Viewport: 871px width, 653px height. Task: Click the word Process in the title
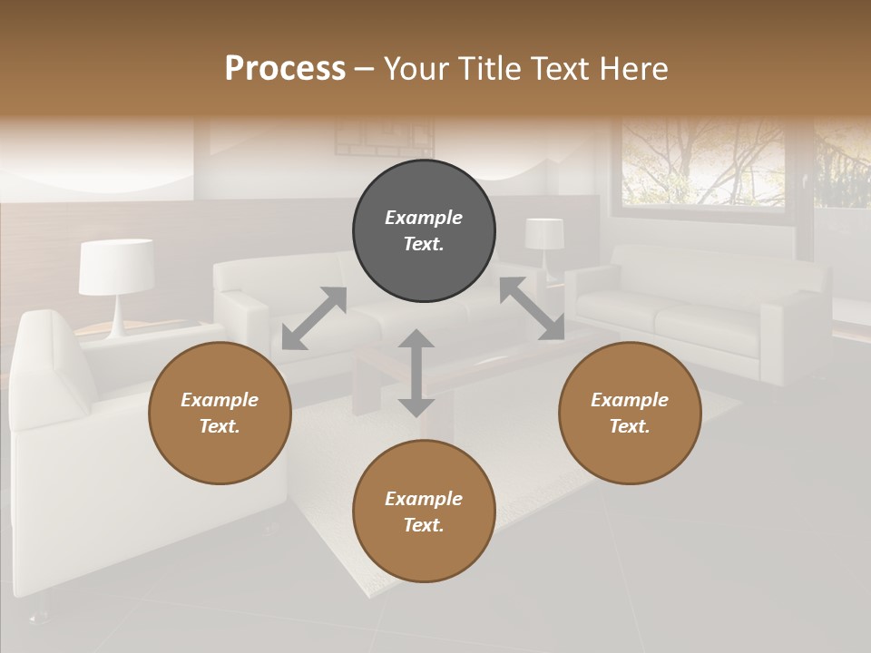tap(285, 69)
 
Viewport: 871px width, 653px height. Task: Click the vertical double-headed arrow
tap(416, 373)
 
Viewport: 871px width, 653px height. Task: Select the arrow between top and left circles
tap(314, 318)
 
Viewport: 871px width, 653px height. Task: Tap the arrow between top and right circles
tap(532, 309)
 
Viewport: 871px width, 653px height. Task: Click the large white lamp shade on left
tap(116, 267)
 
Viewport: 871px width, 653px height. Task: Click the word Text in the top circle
tap(424, 244)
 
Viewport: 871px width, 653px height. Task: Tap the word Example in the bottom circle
tap(424, 499)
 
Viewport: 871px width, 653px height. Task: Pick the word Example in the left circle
tap(220, 400)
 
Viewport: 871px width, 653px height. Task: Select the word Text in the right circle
tap(630, 426)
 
